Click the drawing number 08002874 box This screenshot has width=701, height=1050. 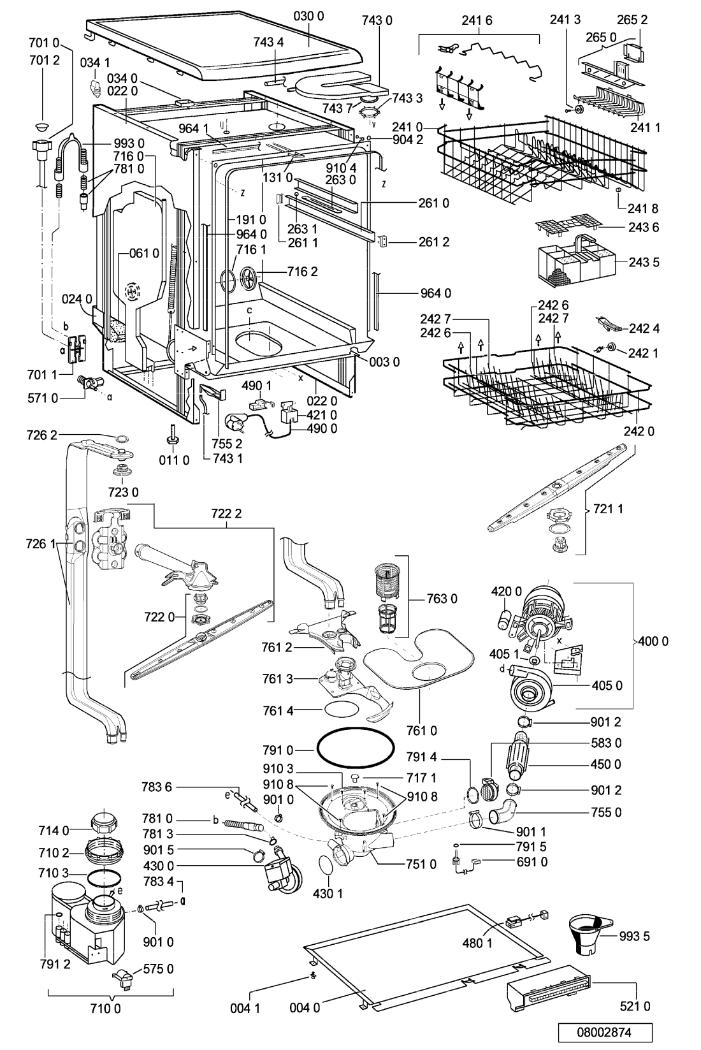[604, 1032]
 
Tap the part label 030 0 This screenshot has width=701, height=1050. [309, 17]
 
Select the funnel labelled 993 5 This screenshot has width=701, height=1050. [588, 935]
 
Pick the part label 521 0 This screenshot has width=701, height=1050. [635, 1005]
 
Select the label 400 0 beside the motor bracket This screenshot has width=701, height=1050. [653, 641]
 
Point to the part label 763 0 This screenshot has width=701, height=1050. [442, 599]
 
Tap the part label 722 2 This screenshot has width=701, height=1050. [226, 514]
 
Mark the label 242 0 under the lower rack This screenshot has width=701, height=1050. [639, 431]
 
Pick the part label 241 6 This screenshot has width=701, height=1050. [477, 20]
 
